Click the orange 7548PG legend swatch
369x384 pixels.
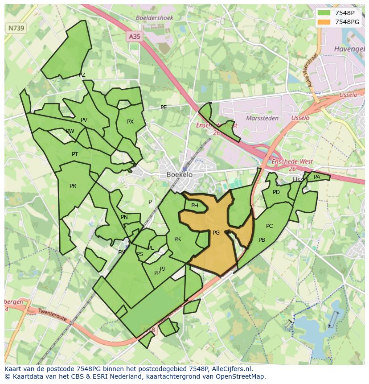[324, 22]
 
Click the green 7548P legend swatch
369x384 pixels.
[324, 13]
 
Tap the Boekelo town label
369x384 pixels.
[180, 175]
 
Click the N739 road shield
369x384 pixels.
[16, 28]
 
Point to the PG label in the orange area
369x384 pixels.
[216, 233]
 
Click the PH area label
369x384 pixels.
[195, 206]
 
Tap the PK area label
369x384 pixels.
[177, 239]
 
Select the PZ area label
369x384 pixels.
[82, 75]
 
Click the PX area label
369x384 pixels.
[130, 122]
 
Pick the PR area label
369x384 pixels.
[73, 186]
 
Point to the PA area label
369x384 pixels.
[317, 177]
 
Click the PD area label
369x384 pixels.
[276, 192]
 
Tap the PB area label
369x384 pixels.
[262, 240]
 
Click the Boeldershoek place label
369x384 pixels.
[154, 18]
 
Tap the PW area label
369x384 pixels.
[70, 131]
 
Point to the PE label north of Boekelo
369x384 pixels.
[164, 107]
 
